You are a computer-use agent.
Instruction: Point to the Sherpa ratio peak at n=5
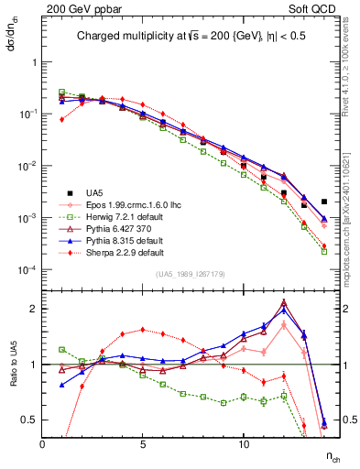(x=143, y=330)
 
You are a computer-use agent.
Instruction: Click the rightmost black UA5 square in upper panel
(x=324, y=202)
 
